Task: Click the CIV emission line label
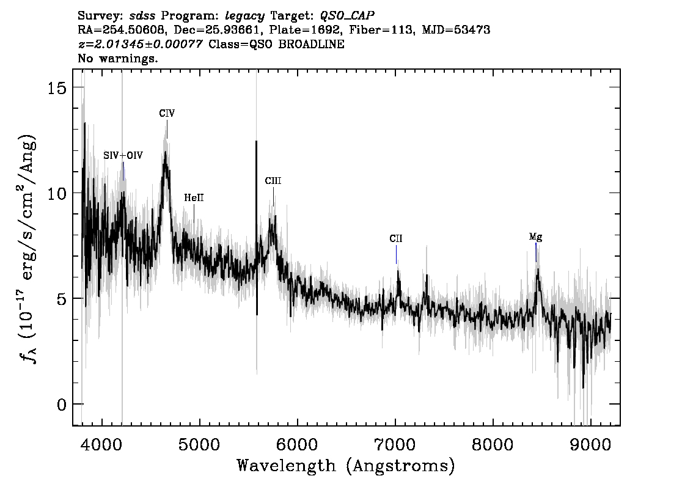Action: click(x=167, y=114)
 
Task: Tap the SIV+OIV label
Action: click(x=123, y=156)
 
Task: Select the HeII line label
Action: click(x=194, y=197)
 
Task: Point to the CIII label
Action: click(x=273, y=181)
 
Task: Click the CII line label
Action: click(x=396, y=239)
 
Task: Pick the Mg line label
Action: click(x=536, y=237)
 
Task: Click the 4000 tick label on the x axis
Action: click(x=102, y=444)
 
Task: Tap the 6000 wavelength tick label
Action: click(x=298, y=444)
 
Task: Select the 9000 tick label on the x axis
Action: click(x=590, y=444)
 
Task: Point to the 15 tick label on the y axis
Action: click(x=57, y=88)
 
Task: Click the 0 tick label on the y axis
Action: click(x=62, y=405)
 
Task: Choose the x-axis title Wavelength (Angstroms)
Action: click(x=346, y=466)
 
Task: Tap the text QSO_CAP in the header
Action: click(x=347, y=16)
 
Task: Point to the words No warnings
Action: click(x=118, y=58)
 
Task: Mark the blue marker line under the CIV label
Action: click(x=167, y=129)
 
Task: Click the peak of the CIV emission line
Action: click(x=165, y=152)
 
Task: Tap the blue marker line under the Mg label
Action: click(x=536, y=252)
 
